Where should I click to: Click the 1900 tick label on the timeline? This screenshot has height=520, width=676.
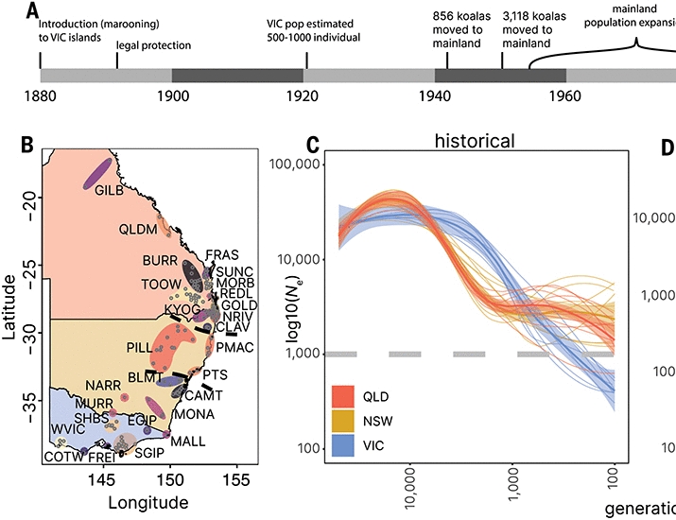pyautogui.click(x=171, y=95)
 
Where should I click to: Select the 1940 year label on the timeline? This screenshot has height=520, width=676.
pyautogui.click(x=434, y=95)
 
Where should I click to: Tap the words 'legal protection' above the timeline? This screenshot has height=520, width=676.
pyautogui.click(x=153, y=44)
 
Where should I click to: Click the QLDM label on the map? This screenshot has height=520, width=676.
pyautogui.click(x=138, y=229)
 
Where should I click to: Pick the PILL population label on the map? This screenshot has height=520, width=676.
pyautogui.click(x=141, y=347)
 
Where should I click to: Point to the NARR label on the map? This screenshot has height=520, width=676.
pyautogui.click(x=102, y=385)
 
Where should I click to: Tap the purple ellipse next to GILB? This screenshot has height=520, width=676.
pyautogui.click(x=96, y=171)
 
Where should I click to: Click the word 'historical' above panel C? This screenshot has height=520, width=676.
pyautogui.click(x=475, y=142)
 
